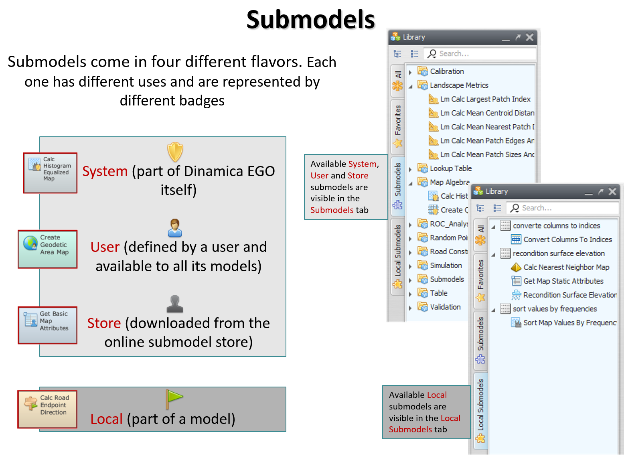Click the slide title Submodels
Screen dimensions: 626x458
(x=310, y=20)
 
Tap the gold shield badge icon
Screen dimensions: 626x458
(x=175, y=152)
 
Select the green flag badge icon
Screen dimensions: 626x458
(x=173, y=399)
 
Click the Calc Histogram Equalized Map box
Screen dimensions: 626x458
(x=50, y=173)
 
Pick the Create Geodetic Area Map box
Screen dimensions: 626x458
(x=48, y=249)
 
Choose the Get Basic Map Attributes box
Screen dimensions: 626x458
(x=48, y=325)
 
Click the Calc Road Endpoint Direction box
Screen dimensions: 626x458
(x=47, y=409)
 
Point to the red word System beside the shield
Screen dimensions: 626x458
(x=105, y=171)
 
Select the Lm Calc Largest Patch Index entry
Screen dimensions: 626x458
(x=480, y=99)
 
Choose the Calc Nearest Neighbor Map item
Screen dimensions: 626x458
(x=560, y=268)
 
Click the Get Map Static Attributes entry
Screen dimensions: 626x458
(x=557, y=281)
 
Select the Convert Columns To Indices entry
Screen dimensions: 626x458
(x=561, y=239)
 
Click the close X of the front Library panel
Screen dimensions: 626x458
(x=612, y=192)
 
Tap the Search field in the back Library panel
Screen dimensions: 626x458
(x=480, y=54)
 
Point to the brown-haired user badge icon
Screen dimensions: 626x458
(x=175, y=228)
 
